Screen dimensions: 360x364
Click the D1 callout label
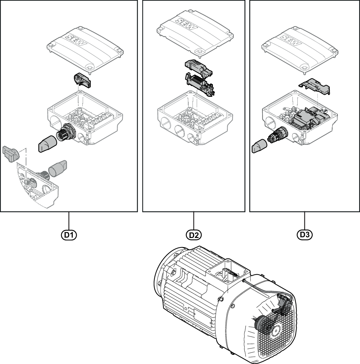pyautogui.click(x=69, y=235)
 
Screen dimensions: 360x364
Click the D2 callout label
pyautogui.click(x=194, y=235)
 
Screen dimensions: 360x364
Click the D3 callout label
pyautogui.click(x=304, y=235)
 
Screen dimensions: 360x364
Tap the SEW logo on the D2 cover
pyautogui.click(x=187, y=24)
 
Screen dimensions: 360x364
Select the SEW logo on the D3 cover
pyautogui.click(x=291, y=40)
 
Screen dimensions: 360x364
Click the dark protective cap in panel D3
pyautogui.click(x=259, y=146)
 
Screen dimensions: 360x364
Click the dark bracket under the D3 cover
pyautogui.click(x=315, y=86)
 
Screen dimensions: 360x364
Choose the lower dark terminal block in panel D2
pyautogui.click(x=200, y=84)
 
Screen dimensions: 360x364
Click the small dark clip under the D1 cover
pyautogui.click(x=82, y=80)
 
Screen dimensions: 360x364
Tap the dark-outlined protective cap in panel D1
pyautogui.click(x=48, y=144)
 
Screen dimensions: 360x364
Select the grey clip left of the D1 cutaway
pyautogui.click(x=11, y=153)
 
